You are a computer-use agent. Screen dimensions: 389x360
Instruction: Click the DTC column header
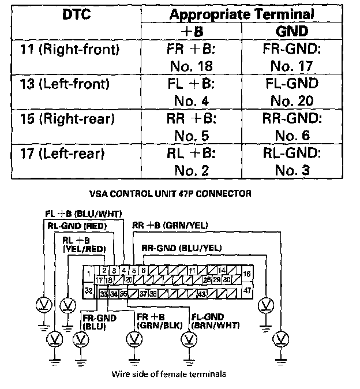click(x=75, y=14)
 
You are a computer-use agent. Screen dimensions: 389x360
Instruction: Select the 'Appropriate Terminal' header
click(x=242, y=14)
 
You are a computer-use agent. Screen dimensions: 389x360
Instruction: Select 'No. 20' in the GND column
click(x=291, y=101)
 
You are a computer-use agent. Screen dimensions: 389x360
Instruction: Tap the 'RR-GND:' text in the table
click(x=291, y=119)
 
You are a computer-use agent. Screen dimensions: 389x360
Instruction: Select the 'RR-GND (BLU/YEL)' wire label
click(x=182, y=248)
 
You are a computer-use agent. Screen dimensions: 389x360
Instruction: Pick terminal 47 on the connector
click(x=247, y=290)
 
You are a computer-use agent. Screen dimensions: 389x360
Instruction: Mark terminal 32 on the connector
click(x=89, y=290)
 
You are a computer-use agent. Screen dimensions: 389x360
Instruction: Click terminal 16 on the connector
click(x=247, y=273)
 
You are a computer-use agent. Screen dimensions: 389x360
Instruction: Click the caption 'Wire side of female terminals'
click(x=168, y=374)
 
